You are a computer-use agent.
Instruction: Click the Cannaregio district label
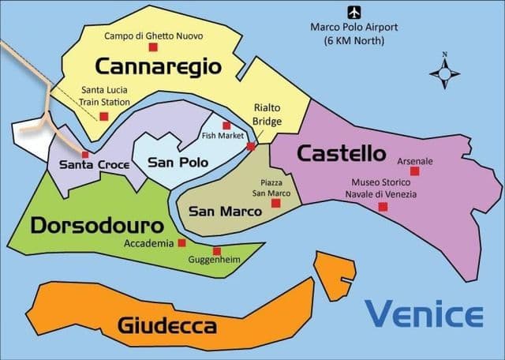point(158,66)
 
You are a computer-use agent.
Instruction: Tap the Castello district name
point(341,153)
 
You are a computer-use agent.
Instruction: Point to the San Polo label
point(178,162)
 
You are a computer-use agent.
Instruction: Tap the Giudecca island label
point(166,324)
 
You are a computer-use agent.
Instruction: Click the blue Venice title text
point(424,314)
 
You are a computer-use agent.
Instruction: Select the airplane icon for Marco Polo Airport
point(353,12)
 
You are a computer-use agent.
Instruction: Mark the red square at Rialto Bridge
point(251,146)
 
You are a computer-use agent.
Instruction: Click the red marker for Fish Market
point(226,126)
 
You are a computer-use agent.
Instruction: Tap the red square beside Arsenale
point(415,171)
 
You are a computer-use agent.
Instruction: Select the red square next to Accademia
point(182,242)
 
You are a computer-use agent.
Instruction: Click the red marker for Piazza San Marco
point(275,203)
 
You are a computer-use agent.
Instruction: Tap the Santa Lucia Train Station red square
point(103,116)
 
